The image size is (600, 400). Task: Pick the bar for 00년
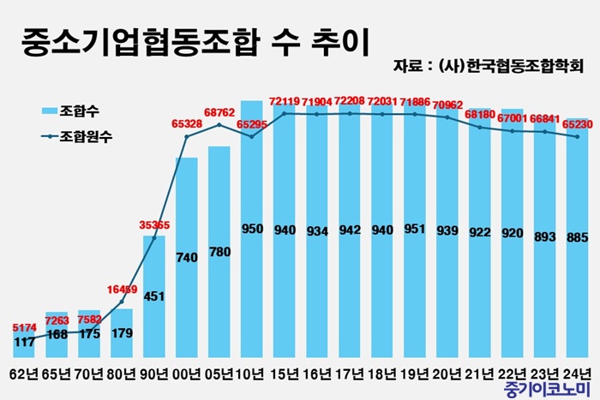click(187, 257)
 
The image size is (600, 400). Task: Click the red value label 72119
click(285, 101)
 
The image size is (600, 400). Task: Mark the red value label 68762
click(219, 112)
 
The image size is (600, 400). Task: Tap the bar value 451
click(154, 298)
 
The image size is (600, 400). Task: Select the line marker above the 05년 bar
click(219, 125)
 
